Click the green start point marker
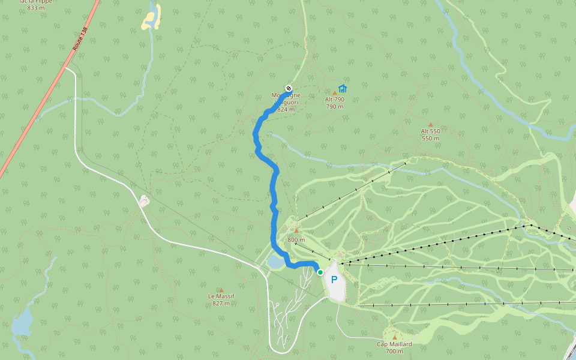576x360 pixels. coord(320,272)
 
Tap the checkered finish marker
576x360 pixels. coord(289,88)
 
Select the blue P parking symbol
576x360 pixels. coord(334,279)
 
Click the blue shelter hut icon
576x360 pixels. coord(343,88)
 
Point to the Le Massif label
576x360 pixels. coord(221,296)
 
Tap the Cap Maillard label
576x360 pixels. coord(394,344)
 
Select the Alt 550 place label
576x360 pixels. coord(430,131)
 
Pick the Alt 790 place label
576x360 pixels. coord(335,100)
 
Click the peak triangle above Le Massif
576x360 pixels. coord(221,290)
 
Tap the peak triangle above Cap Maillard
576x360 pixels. coord(394,337)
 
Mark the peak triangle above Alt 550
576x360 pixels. coord(430,125)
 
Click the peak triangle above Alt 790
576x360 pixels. coord(335,93)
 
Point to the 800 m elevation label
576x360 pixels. coord(296,240)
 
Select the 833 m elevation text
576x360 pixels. coord(36,8)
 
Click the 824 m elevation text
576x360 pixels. coord(286,110)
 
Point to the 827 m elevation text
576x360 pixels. coord(221,304)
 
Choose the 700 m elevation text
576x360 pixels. coord(394,351)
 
